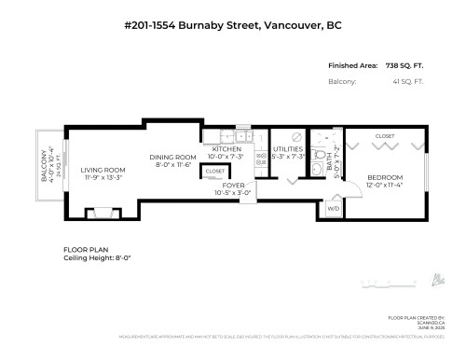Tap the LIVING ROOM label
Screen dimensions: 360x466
pyautogui.click(x=103, y=170)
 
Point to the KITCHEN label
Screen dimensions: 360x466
pyautogui.click(x=228, y=148)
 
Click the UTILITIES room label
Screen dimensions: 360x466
pyautogui.click(x=287, y=148)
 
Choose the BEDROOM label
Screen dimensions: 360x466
pyautogui.click(x=384, y=177)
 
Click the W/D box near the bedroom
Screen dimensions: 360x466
pyautogui.click(x=333, y=209)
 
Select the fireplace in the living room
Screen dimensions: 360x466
pyautogui.click(x=103, y=214)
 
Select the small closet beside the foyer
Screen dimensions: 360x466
pyautogui.click(x=215, y=172)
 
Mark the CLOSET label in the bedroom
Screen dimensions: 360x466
pyautogui.click(x=384, y=136)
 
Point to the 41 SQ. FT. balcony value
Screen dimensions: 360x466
pyautogui.click(x=412, y=81)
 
